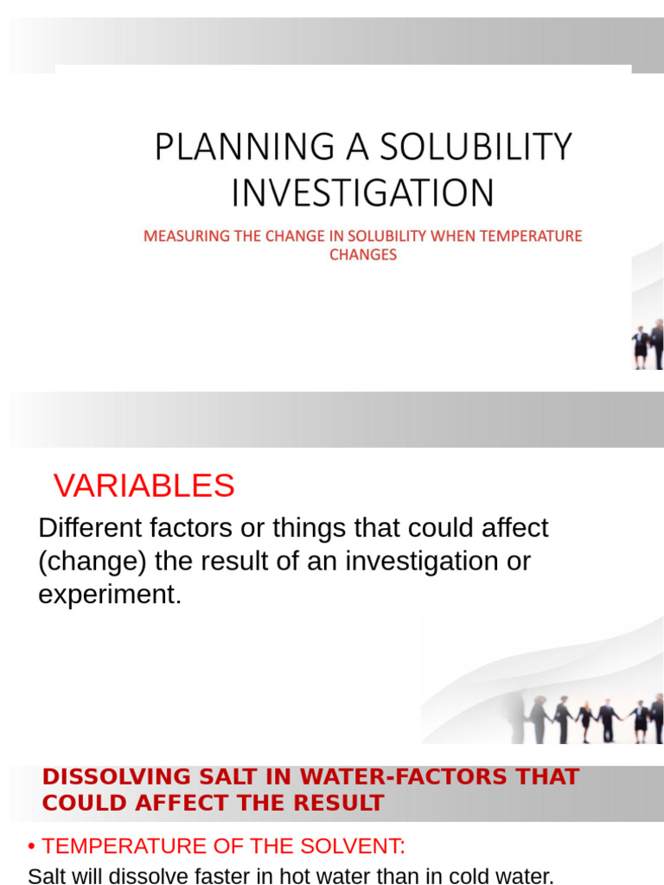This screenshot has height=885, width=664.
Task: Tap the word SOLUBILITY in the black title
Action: [x=476, y=147]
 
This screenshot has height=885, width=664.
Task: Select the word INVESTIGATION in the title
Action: [x=363, y=193]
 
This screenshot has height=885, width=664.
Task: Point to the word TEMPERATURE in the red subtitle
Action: [x=531, y=236]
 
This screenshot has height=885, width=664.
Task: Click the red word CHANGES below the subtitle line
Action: [x=363, y=255]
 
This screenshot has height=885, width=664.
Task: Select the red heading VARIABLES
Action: [x=144, y=486]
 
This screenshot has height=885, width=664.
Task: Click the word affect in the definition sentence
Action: [x=515, y=528]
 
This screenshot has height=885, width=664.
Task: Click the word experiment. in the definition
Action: [x=110, y=595]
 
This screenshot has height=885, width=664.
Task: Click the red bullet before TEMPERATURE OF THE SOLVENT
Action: [x=32, y=847]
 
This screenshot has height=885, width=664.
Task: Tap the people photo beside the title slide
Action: [x=648, y=344]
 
